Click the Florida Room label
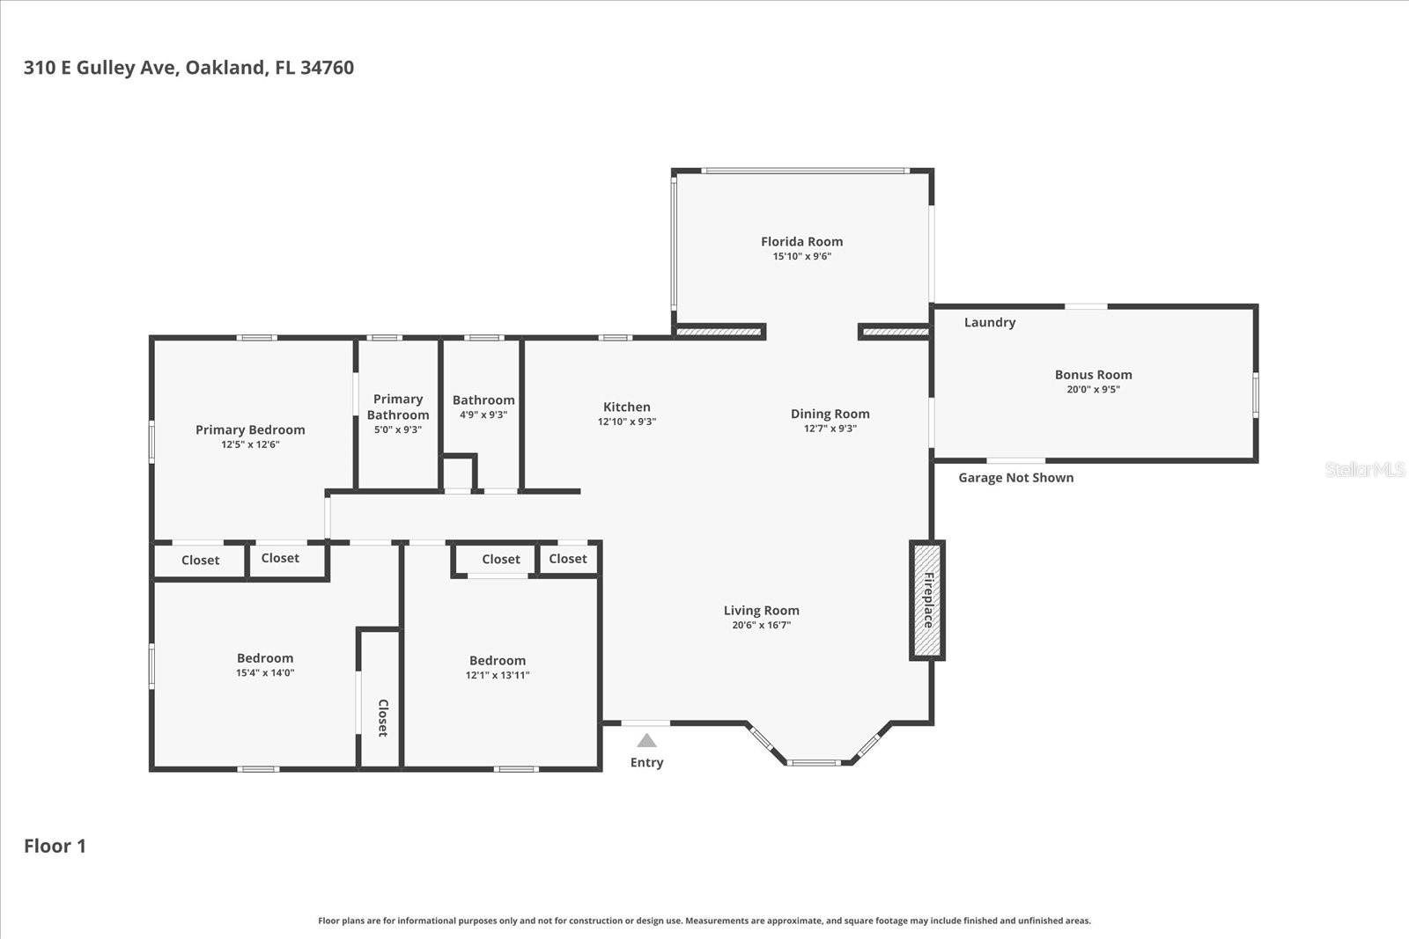coord(801,241)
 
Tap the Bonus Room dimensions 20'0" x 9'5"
coord(1093,389)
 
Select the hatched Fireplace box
coord(926,600)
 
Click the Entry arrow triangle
coord(646,741)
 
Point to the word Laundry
coord(989,322)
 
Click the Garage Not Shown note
coord(1015,477)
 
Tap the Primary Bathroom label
coord(398,407)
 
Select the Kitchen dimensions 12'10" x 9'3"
coord(626,422)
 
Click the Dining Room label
coord(830,414)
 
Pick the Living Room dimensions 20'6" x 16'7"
coord(761,625)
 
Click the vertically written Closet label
coord(383,717)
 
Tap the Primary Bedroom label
coord(250,429)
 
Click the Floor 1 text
coord(55,846)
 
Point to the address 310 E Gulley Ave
coord(188,68)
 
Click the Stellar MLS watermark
coord(1364,469)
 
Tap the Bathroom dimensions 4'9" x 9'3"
coord(483,414)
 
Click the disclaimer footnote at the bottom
coord(704,921)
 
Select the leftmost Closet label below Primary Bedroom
coord(200,560)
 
